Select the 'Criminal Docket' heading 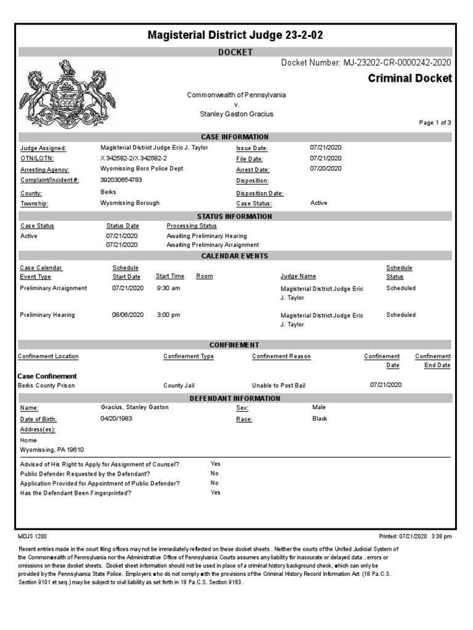pyautogui.click(x=410, y=78)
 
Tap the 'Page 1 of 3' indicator pyautogui.click(x=435, y=123)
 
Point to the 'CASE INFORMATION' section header pyautogui.click(x=235, y=137)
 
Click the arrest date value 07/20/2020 pyautogui.click(x=325, y=169)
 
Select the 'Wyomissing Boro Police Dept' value pyautogui.click(x=142, y=169)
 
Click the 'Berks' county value pyautogui.click(x=108, y=192)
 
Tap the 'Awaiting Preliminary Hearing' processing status pyautogui.click(x=206, y=236)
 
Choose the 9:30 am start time pyautogui.click(x=168, y=288)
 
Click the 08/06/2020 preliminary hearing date pyautogui.click(x=127, y=315)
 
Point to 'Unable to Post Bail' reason pyautogui.click(x=278, y=386)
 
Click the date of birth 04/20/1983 pyautogui.click(x=116, y=418)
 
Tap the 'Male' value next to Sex pyautogui.click(x=319, y=407)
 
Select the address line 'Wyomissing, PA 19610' pyautogui.click(x=52, y=450)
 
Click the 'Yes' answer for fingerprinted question pyautogui.click(x=215, y=493)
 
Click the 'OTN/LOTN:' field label pyautogui.click(x=38, y=159)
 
